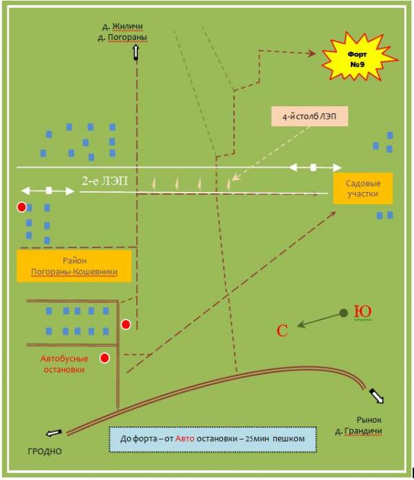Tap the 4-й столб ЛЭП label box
coord(309,117)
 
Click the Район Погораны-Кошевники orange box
coord(74,266)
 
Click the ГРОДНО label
coord(45,451)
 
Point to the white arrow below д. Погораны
coord(135,51)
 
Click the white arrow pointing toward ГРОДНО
coord(54,433)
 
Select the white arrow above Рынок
coord(377,396)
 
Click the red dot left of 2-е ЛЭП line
coord(23,206)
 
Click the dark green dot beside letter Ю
coord(343,313)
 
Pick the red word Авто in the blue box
coord(186,437)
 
